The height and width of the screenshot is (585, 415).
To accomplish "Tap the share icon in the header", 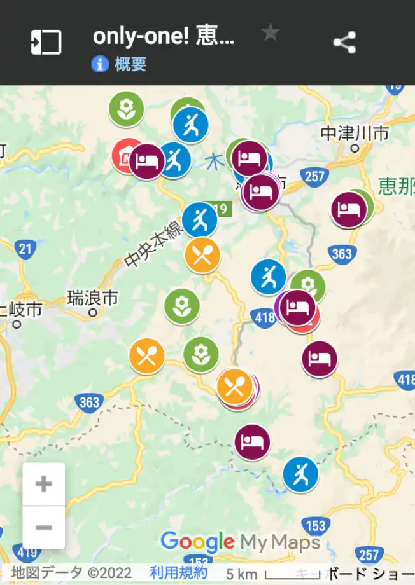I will tap(344, 43).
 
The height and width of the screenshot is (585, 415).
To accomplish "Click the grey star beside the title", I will tap(271, 32).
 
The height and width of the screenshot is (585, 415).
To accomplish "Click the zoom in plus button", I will tap(43, 484).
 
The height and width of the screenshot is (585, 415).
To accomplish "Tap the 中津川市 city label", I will tap(355, 134).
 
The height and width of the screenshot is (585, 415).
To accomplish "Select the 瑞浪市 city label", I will tap(93, 298).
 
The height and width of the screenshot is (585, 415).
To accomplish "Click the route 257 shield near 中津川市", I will tap(315, 176).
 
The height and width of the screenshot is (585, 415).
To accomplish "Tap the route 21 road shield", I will tap(25, 249).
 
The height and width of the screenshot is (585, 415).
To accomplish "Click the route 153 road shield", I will tap(316, 526).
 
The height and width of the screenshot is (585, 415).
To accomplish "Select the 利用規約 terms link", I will tap(179, 572).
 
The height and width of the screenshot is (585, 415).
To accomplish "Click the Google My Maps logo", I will tap(240, 542).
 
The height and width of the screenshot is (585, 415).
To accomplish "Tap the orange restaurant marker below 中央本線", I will tap(202, 255).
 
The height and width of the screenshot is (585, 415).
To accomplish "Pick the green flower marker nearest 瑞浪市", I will tap(182, 306).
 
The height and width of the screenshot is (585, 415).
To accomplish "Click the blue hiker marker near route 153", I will tap(300, 474).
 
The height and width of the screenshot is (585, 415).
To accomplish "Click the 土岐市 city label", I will tap(22, 310).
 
